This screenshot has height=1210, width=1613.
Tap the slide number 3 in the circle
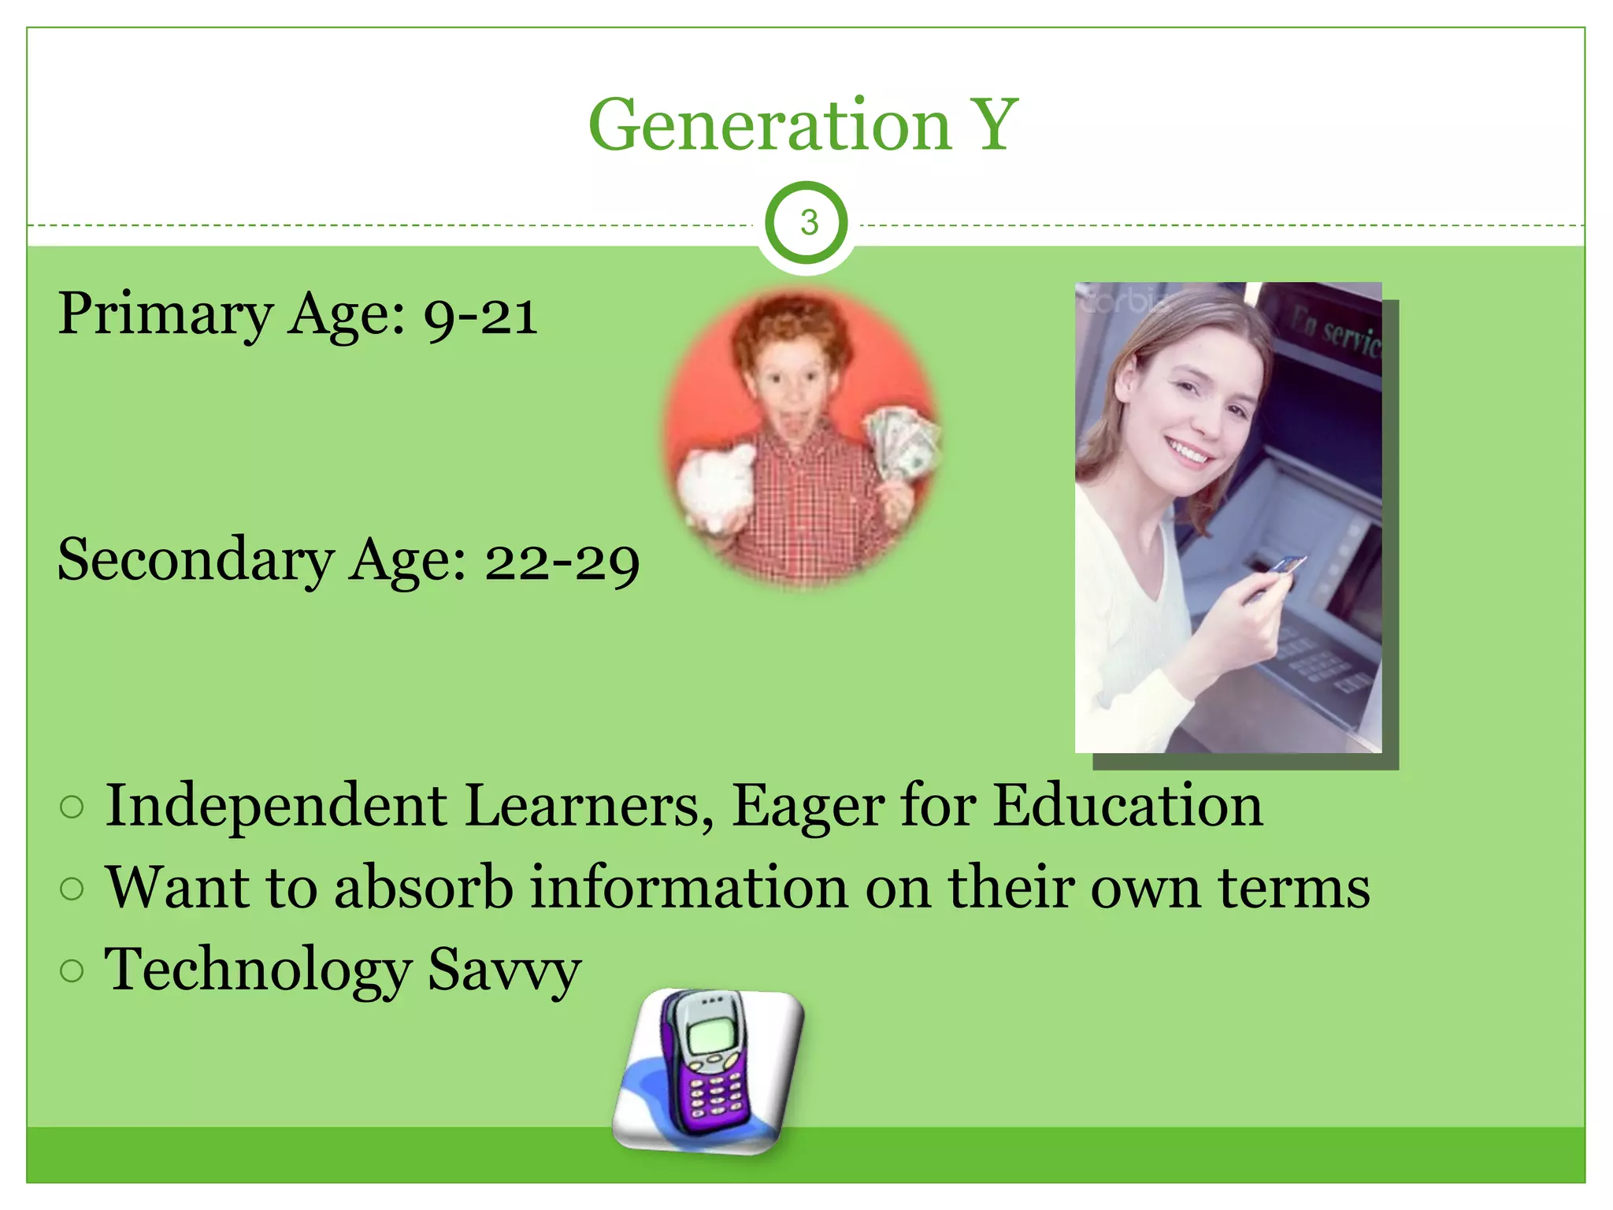[808, 223]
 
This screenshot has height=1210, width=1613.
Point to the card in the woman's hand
[1284, 566]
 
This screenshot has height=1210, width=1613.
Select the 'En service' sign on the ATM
[1339, 331]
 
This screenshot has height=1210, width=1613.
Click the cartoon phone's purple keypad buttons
[717, 1095]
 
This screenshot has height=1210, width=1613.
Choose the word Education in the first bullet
[1127, 805]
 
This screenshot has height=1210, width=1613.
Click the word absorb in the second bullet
[423, 887]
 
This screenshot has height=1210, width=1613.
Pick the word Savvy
[503, 970]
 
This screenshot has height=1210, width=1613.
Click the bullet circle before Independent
[72, 807]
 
